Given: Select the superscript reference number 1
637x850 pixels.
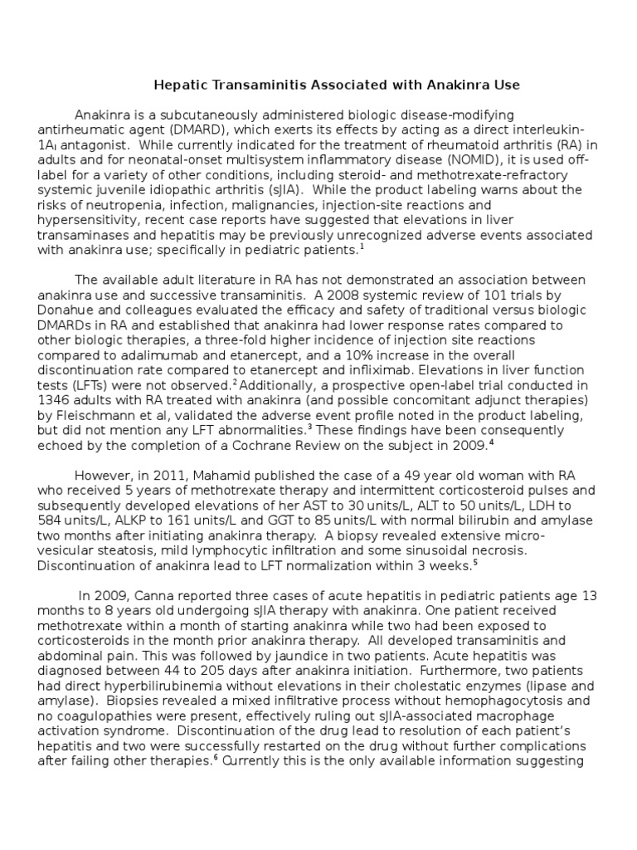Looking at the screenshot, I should pos(362,247).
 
